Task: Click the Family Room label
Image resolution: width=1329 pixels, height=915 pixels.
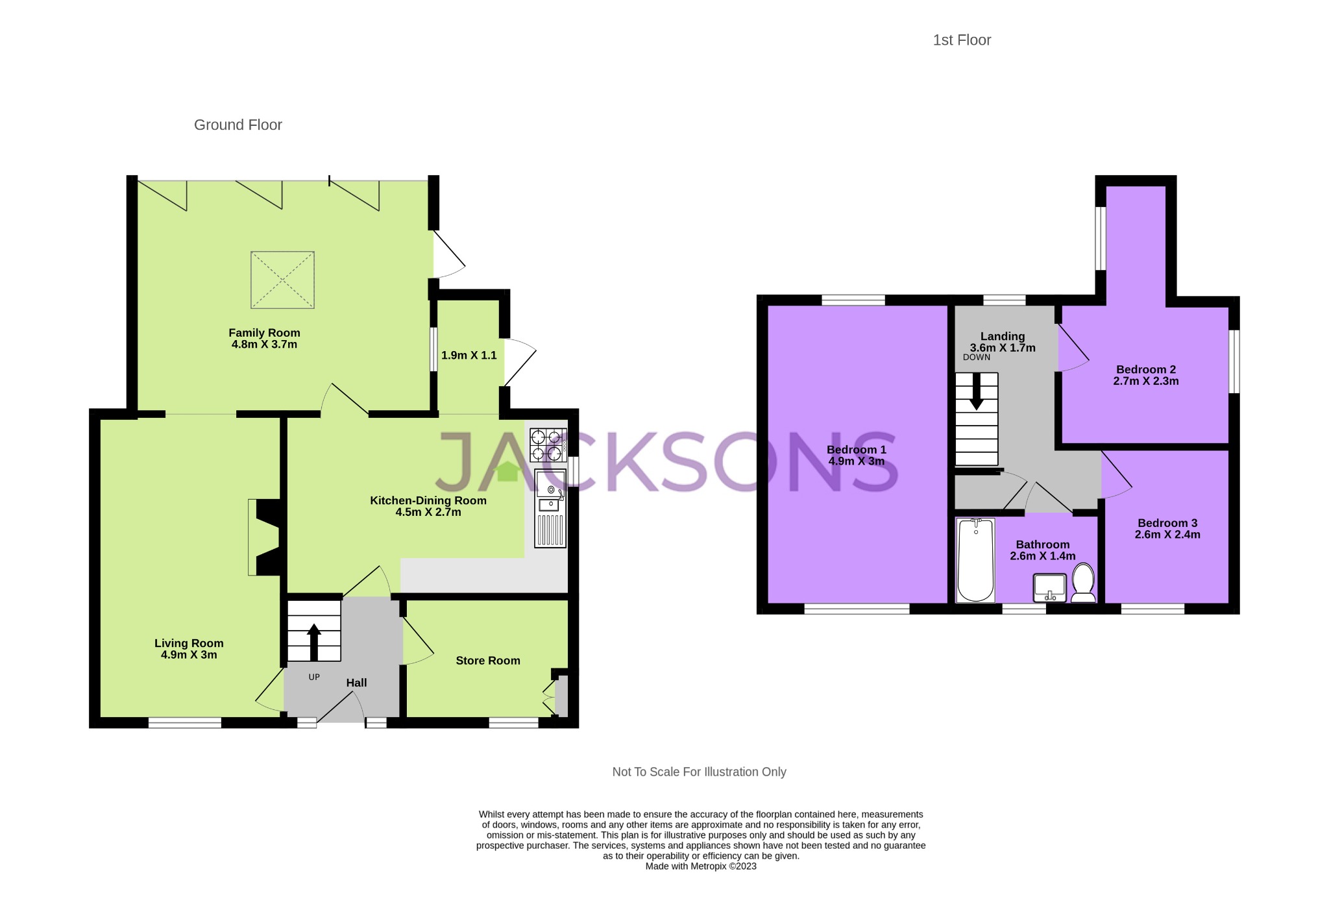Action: tap(264, 333)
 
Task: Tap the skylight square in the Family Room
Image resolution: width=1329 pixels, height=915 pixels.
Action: tap(282, 280)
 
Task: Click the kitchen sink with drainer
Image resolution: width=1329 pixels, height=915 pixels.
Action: tap(550, 509)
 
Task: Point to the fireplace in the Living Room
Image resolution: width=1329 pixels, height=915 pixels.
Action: tap(266, 537)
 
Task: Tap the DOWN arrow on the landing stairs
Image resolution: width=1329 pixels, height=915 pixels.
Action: tap(976, 393)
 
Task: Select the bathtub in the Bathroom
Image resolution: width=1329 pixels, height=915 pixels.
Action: tap(975, 559)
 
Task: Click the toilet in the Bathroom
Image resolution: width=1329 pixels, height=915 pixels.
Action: tap(1083, 583)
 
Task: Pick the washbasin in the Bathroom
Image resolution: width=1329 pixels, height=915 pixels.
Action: tap(1049, 588)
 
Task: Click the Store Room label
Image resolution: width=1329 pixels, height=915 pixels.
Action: tap(487, 661)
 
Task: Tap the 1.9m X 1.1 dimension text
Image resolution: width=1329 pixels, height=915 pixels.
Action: tap(469, 356)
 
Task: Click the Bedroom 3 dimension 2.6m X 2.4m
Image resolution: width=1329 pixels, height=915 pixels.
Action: tap(1167, 535)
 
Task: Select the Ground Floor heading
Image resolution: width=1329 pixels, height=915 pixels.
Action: tap(238, 125)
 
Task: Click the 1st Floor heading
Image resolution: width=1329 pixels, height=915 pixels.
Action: tap(961, 40)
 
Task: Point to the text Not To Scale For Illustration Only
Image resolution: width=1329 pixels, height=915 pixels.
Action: tap(699, 772)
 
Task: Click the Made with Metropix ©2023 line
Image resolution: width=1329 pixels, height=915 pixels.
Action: tap(700, 866)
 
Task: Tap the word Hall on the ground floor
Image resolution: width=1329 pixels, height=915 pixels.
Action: tap(356, 683)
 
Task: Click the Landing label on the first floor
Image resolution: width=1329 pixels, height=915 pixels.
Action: tap(1002, 336)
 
